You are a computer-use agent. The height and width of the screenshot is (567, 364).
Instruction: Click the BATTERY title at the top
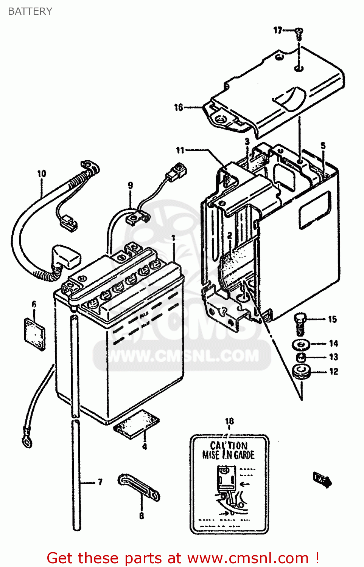[x=30, y=11]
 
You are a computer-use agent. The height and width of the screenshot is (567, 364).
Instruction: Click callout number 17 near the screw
[x=278, y=30]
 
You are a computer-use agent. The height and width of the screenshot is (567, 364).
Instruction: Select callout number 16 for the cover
[x=179, y=108]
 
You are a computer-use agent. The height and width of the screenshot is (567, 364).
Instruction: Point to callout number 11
[x=180, y=150]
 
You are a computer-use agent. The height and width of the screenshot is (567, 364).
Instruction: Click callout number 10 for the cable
[x=42, y=174]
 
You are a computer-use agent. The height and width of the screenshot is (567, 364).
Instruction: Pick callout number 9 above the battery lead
[x=131, y=185]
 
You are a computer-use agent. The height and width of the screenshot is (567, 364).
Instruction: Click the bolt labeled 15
[x=299, y=324]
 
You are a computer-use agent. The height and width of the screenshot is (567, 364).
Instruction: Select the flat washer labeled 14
[x=301, y=344]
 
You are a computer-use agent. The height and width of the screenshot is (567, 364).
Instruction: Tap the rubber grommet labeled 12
[x=302, y=371]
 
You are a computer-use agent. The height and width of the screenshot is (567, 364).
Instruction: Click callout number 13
[x=333, y=357]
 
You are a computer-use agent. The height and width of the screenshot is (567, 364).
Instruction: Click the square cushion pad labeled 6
[x=34, y=334]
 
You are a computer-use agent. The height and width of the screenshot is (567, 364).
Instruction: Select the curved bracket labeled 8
[x=139, y=488]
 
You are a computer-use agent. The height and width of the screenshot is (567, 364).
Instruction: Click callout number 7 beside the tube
[x=100, y=482]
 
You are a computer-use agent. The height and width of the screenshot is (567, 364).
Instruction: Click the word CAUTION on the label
[x=229, y=446]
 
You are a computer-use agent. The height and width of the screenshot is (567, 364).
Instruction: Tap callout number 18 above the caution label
[x=229, y=421]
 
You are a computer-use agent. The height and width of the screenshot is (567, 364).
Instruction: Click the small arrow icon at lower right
[x=322, y=479]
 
